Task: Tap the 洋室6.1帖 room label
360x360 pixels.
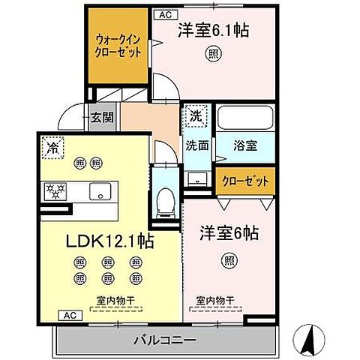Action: [x=214, y=31]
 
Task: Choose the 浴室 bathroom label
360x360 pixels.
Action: [x=245, y=145]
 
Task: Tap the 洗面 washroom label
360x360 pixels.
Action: [x=197, y=145]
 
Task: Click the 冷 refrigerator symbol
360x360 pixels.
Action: [x=53, y=148]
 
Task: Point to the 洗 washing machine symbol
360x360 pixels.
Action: [x=196, y=116]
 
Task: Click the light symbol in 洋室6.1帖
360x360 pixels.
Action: [x=214, y=54]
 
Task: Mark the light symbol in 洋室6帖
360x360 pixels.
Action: [x=228, y=260]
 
